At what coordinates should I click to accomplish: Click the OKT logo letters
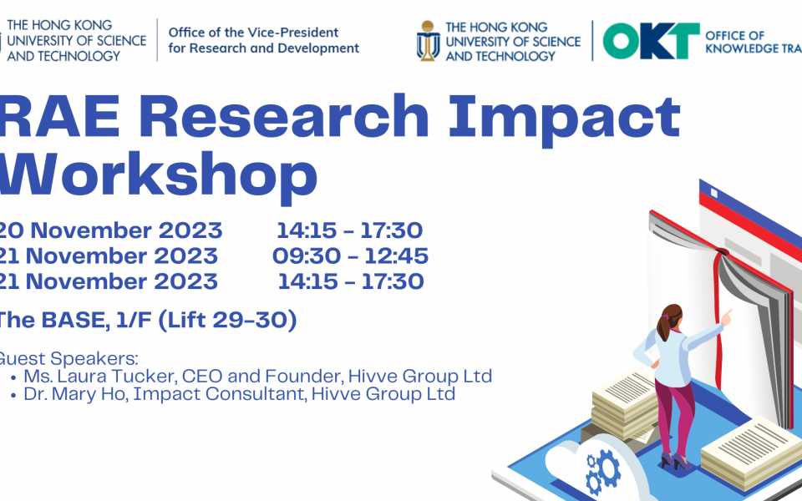(651, 41)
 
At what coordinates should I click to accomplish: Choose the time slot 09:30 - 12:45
(350, 256)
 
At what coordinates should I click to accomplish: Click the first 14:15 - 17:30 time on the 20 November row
(350, 230)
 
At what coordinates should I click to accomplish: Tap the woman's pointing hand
(726, 316)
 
